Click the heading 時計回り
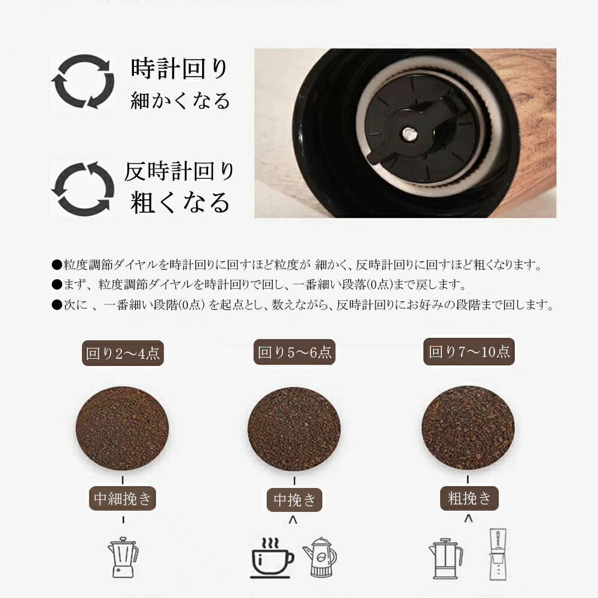179,69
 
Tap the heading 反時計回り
179,171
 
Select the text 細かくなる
180,100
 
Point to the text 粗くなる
179,202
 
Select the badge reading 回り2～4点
123,353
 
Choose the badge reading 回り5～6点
294,352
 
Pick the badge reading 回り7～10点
469,352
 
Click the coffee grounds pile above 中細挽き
123,428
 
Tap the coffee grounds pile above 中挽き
294,429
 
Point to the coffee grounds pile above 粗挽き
468,428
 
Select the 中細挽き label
123,499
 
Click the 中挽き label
294,499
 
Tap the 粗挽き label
469,499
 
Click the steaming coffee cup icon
272,558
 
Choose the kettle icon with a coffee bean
321,557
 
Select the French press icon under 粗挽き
446,559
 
